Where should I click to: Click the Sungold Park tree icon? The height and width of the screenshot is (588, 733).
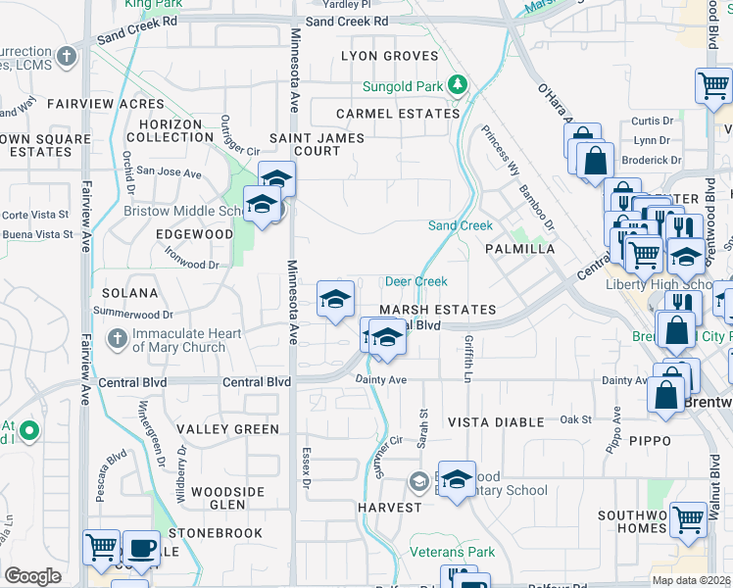click(x=456, y=86)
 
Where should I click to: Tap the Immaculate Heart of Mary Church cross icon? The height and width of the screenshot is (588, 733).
click(x=117, y=339)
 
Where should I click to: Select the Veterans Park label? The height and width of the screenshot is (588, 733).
click(x=452, y=552)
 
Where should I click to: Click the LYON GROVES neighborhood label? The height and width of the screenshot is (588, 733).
click(x=389, y=56)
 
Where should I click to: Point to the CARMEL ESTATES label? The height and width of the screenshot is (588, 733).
click(x=397, y=114)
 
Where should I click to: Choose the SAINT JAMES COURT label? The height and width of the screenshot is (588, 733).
click(x=318, y=144)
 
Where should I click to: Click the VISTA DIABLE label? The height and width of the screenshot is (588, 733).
click(x=495, y=421)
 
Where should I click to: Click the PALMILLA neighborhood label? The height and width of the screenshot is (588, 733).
click(x=519, y=249)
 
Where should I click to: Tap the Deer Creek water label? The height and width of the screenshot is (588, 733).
click(x=415, y=281)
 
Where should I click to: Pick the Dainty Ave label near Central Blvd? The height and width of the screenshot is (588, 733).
click(x=383, y=379)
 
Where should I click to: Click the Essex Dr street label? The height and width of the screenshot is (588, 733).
click(x=305, y=470)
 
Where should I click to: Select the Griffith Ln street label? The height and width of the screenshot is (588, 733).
click(x=468, y=359)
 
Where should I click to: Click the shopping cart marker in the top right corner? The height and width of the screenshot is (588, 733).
click(x=713, y=85)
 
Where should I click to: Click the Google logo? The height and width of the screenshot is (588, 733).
click(x=32, y=575)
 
